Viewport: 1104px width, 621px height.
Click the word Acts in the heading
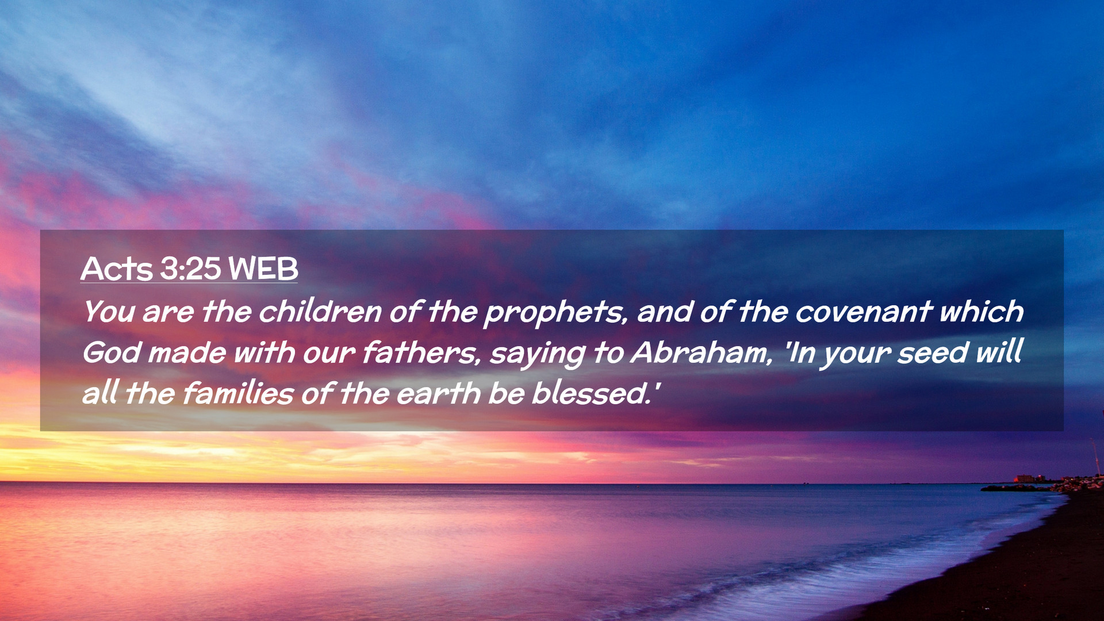click(x=117, y=269)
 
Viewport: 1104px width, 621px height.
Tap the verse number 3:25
click(x=190, y=269)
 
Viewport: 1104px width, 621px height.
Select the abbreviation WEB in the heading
click(x=263, y=269)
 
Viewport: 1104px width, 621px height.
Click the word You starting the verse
click(x=109, y=312)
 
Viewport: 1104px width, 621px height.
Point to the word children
click(x=320, y=312)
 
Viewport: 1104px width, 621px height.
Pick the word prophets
click(x=555, y=314)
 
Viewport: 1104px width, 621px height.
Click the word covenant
click(x=863, y=312)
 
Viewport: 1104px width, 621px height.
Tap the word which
click(x=982, y=311)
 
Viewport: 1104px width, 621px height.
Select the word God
click(x=112, y=352)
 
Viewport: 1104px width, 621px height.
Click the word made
click(x=187, y=352)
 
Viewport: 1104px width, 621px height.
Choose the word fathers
click(x=421, y=352)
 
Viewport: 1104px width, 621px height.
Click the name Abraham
click(x=701, y=352)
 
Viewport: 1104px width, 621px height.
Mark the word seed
click(x=933, y=352)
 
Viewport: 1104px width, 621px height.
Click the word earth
click(x=438, y=394)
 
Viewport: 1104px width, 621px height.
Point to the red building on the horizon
click(x=1025, y=478)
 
